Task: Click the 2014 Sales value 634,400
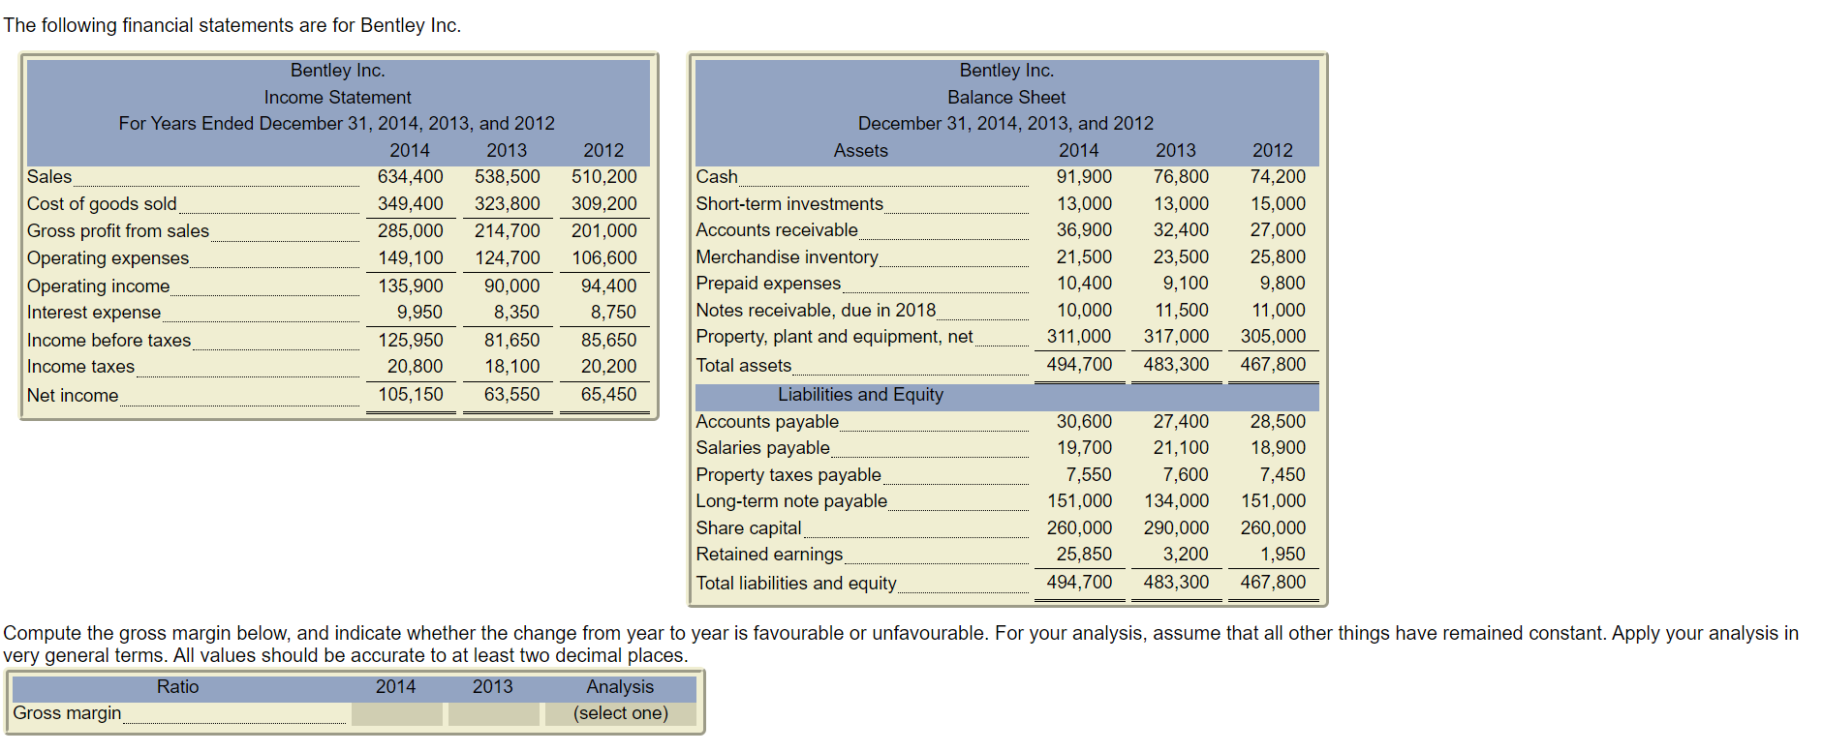point(410,177)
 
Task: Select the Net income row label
point(73,396)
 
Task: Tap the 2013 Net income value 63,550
point(511,395)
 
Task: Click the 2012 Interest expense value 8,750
point(613,313)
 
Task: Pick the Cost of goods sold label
point(102,204)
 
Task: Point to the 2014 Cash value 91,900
point(1084,177)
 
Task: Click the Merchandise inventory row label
point(787,257)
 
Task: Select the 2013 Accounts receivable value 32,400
point(1181,230)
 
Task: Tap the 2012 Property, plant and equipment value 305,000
point(1273,337)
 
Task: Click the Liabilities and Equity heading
point(860,395)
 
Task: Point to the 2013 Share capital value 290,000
point(1176,528)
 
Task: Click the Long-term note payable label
point(791,501)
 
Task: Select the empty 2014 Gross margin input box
point(397,714)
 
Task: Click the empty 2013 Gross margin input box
point(493,714)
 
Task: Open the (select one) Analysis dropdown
point(620,714)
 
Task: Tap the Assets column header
point(860,151)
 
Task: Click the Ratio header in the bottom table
point(177,687)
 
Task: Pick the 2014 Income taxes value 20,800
point(415,367)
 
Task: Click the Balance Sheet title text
point(1006,98)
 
